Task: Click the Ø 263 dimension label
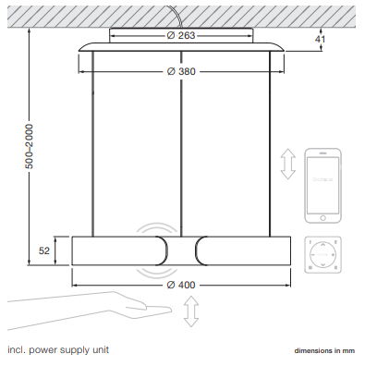[x=181, y=35]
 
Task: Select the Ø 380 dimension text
[x=181, y=71]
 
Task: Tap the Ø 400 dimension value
[x=181, y=285]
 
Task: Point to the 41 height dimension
[x=321, y=39]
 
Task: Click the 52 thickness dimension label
[x=44, y=250]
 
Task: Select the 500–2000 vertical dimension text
[x=30, y=146]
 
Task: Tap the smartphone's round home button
[x=322, y=218]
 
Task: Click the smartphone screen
[x=322, y=185]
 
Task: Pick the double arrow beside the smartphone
[x=288, y=164]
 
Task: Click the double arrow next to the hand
[x=191, y=311]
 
